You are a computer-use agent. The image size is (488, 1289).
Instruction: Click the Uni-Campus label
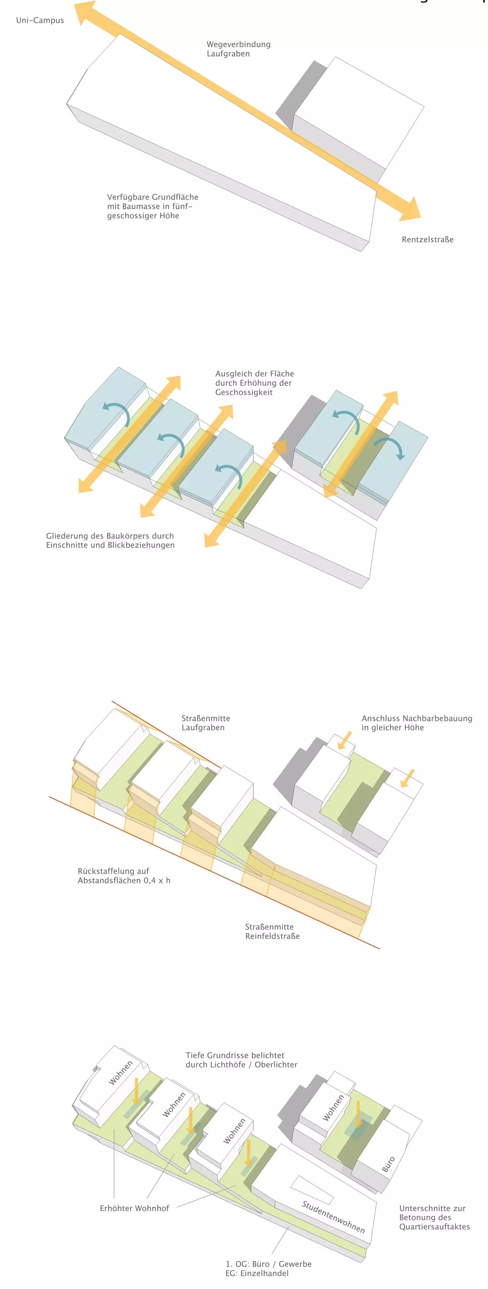pos(40,20)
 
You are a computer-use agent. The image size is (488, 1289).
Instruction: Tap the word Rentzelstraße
pos(427,240)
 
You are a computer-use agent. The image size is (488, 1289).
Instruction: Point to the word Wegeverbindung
pos(239,45)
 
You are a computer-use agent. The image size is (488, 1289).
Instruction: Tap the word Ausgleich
pos(233,374)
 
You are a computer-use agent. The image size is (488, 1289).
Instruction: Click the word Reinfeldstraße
pos(273,936)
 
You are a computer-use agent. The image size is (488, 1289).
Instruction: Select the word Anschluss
pos(380,719)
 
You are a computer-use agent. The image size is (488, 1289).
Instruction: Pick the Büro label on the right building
pos(388,1164)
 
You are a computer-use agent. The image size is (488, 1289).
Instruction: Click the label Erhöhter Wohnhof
pos(134,1208)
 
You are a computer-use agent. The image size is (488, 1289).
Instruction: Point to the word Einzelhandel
pos(264,1273)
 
